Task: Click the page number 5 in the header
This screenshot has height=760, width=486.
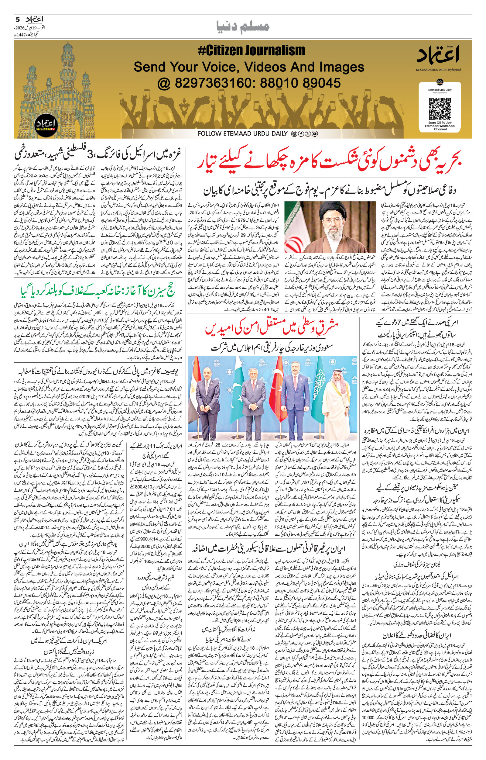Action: (17, 19)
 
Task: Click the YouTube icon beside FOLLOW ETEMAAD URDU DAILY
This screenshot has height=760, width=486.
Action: (315, 134)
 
